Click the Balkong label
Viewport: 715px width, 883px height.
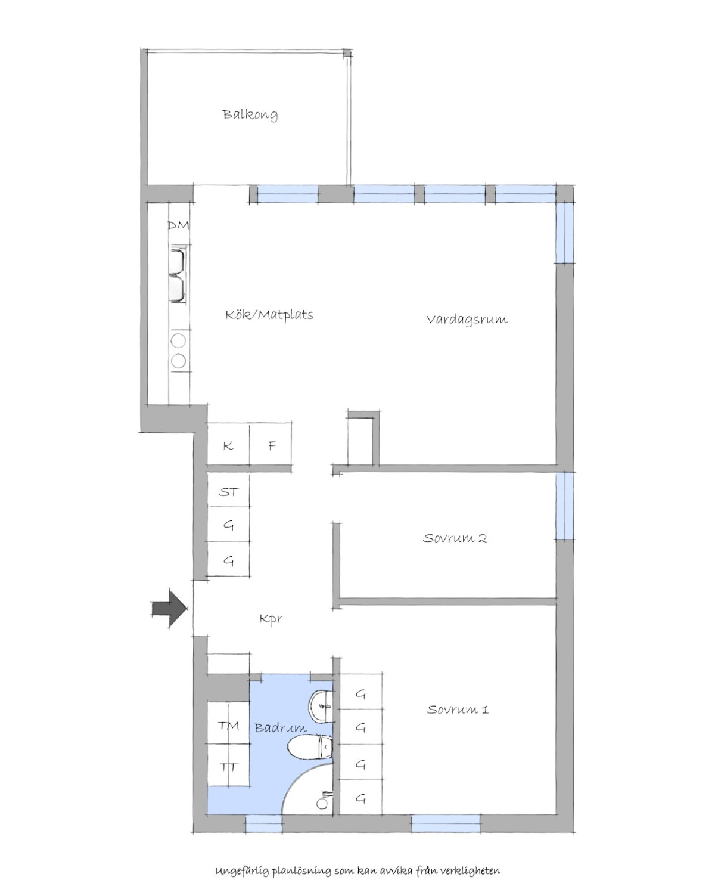click(x=250, y=114)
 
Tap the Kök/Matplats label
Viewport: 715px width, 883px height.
click(x=269, y=315)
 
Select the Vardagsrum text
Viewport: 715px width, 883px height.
click(x=467, y=320)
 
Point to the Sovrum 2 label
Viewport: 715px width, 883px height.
click(x=455, y=538)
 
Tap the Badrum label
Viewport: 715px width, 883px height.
click(x=281, y=727)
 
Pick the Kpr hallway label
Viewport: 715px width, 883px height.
click(x=271, y=619)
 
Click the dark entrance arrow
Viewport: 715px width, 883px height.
click(x=170, y=609)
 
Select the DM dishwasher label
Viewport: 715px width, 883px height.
click(x=178, y=225)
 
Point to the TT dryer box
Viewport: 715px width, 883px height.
click(x=229, y=765)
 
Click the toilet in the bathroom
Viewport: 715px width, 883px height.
click(x=310, y=747)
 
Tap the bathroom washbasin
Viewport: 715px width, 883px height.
click(x=321, y=704)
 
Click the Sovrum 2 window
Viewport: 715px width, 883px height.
click(x=564, y=506)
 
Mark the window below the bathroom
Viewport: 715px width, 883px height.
click(x=263, y=823)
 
